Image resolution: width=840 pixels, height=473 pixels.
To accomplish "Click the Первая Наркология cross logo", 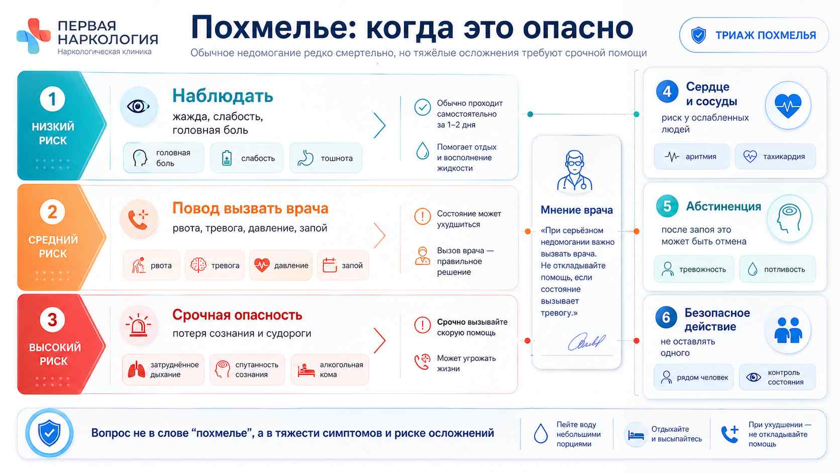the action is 34,36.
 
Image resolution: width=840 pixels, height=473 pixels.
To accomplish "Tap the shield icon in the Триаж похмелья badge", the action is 698,35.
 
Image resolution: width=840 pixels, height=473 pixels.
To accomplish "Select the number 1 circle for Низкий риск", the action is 52,99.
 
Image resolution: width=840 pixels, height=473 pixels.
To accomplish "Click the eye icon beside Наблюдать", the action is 138,107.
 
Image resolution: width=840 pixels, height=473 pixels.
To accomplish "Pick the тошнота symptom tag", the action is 326,158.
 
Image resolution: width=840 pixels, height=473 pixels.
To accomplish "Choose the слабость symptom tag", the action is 247,158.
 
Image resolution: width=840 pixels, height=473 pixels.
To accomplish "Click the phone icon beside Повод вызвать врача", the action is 138,219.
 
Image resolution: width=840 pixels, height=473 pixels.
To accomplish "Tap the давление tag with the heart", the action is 281,265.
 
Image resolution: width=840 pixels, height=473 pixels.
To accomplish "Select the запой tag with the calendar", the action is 343,265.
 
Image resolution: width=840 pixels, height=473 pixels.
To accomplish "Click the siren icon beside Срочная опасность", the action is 138,325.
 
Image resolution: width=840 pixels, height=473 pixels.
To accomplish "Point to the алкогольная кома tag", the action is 330,369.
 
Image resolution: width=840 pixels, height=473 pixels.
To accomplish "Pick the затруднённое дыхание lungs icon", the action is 136,369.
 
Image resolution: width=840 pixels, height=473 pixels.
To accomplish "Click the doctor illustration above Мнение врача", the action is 575,171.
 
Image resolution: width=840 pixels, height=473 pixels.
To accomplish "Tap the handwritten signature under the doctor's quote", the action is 586,341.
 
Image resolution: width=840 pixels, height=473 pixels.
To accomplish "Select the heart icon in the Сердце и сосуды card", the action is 788,106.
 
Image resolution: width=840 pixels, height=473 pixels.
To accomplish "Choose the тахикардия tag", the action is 775,156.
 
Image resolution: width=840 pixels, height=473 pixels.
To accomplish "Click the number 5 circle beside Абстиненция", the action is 667,206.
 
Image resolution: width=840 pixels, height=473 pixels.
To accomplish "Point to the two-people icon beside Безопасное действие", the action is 788,330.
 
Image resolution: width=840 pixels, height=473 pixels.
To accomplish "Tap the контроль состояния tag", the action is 777,377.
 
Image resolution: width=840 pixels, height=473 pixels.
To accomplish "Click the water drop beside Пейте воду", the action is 541,434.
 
